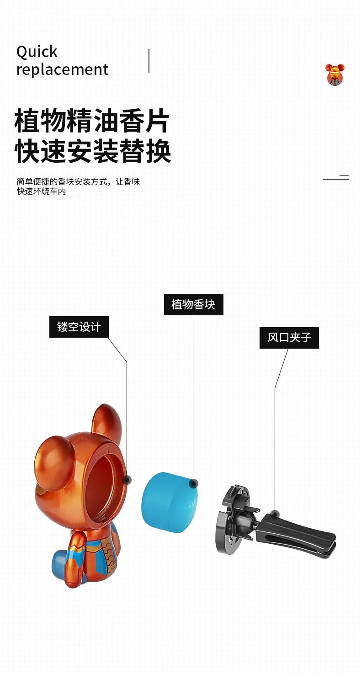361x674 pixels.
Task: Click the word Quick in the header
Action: click(37, 52)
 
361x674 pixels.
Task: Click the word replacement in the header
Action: click(62, 69)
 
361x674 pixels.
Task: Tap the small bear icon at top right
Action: click(335, 74)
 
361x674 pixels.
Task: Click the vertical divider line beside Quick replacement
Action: click(149, 61)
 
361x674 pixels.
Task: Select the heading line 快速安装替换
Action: click(93, 152)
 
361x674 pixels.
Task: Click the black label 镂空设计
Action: click(79, 327)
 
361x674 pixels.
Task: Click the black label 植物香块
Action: click(193, 304)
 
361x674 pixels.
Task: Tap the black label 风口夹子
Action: click(289, 338)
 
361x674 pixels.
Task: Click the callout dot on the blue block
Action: click(193, 483)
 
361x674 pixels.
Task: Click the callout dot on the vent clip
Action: click(275, 515)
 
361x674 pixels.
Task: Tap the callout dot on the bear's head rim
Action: click(127, 480)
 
